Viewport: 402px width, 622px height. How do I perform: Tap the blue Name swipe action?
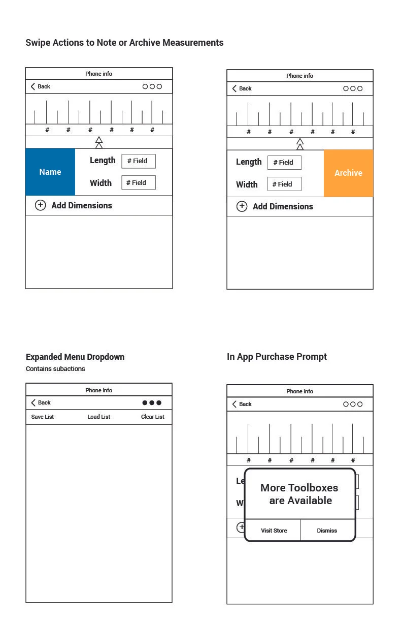coord(50,172)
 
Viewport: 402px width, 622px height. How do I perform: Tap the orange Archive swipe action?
coord(348,173)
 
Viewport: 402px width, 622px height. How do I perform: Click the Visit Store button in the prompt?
coord(274,530)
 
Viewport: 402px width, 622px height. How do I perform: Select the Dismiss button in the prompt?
coord(327,530)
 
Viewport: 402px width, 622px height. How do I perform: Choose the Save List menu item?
coord(43,417)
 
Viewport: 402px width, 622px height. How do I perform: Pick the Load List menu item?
coord(98,417)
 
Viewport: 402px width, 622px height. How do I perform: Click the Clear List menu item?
coord(152,417)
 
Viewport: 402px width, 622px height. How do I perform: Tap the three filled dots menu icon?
coord(152,403)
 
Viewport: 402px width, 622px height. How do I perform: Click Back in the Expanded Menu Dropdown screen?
coord(41,402)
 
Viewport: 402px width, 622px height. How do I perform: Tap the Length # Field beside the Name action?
coord(138,161)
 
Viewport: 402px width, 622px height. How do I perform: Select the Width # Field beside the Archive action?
coord(284,184)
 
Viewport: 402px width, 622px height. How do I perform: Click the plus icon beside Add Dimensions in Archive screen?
coord(242,206)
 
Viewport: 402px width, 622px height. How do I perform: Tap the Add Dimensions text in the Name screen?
coord(82,205)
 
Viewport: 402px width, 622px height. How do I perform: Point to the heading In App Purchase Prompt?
coord(277,357)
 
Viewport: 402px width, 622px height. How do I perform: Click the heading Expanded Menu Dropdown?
coord(75,357)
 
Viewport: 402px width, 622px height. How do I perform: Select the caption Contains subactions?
coord(55,369)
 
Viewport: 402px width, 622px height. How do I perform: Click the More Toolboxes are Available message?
coord(299,494)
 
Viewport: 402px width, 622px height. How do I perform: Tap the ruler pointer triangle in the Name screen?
coord(99,142)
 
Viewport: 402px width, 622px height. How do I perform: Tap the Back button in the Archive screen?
coord(242,88)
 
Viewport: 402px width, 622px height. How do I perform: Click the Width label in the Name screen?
coord(100,183)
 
